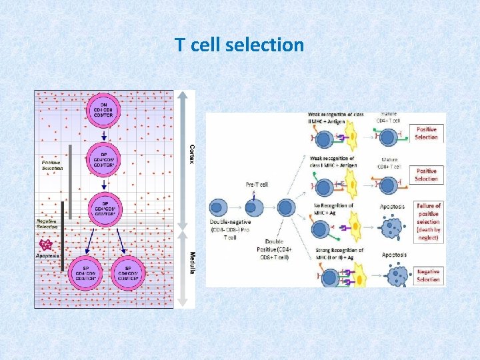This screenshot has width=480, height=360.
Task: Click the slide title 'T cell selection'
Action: click(239, 45)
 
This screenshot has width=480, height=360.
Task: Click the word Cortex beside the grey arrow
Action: click(191, 155)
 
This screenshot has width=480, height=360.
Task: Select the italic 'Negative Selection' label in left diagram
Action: click(49, 224)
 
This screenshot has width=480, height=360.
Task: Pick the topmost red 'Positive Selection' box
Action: click(427, 133)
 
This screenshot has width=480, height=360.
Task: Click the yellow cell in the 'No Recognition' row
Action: click(354, 229)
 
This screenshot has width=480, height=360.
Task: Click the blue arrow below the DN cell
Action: click(103, 135)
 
